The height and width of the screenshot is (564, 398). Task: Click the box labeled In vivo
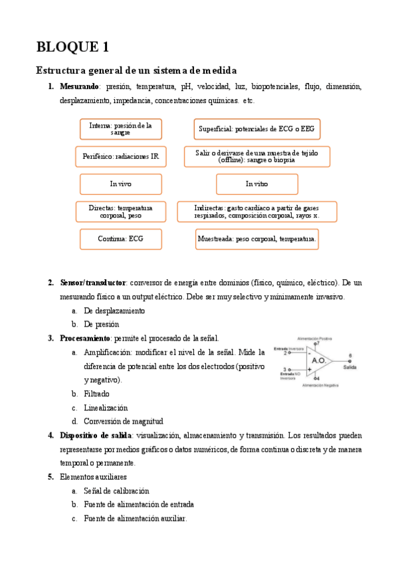click(120, 184)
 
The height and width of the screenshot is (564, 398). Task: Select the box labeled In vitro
click(256, 184)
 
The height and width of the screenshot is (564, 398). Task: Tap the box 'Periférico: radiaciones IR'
click(120, 156)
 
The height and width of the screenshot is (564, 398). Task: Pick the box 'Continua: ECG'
click(120, 239)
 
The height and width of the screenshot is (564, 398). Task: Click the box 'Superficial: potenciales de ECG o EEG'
click(256, 128)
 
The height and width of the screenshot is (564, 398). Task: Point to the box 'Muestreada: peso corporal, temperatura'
click(256, 239)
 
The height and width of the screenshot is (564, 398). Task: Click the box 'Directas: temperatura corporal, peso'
click(120, 211)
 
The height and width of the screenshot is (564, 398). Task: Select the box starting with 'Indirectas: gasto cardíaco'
click(256, 211)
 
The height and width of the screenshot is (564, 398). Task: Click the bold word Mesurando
click(79, 86)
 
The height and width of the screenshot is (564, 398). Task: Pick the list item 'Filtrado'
click(96, 394)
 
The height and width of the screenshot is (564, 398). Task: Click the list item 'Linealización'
click(106, 408)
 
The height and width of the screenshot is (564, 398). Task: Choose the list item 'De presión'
click(101, 324)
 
